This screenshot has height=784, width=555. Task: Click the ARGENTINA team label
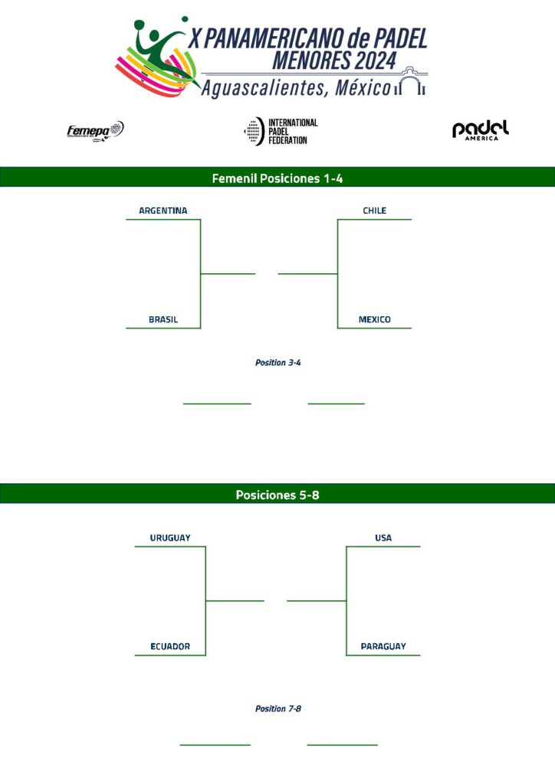(x=163, y=211)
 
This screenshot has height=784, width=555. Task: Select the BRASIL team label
(x=163, y=320)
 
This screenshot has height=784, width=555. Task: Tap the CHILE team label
(x=375, y=211)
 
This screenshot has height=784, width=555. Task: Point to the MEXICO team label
(x=375, y=320)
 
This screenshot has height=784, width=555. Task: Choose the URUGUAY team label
(x=170, y=538)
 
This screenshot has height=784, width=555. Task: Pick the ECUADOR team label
(x=170, y=647)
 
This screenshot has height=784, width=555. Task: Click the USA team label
(x=383, y=538)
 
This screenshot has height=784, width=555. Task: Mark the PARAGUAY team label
(x=383, y=647)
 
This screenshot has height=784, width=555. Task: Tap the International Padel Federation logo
(x=281, y=132)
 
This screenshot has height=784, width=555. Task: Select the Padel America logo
(x=481, y=130)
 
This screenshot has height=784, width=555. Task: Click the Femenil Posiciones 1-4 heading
(x=277, y=178)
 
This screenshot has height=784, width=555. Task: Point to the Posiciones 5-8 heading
(x=277, y=495)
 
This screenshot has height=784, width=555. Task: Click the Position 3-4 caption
(x=277, y=363)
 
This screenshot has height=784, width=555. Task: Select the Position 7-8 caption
(x=277, y=709)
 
